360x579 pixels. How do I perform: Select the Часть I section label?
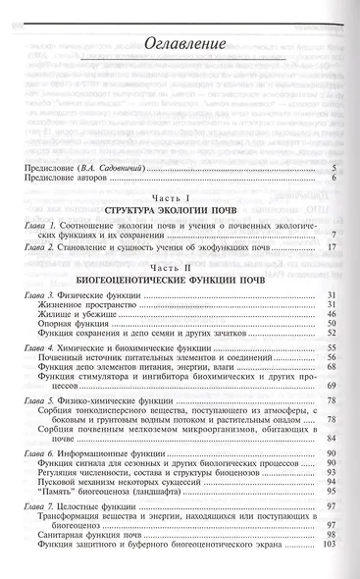tap(180, 199)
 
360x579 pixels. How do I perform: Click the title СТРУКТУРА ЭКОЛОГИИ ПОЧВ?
tap(180, 211)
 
